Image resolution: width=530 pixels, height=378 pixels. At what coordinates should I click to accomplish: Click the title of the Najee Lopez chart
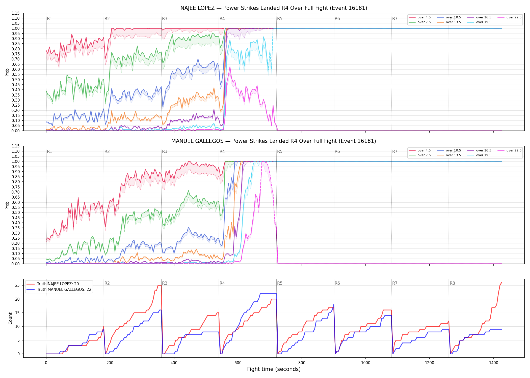pyautogui.click(x=274, y=8)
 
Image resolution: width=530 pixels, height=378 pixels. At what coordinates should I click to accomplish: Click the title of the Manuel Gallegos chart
pyautogui.click(x=274, y=141)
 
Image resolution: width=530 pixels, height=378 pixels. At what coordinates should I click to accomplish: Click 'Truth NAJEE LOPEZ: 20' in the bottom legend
pyautogui.click(x=58, y=284)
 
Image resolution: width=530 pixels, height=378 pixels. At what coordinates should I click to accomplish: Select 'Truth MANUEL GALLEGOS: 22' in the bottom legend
pyautogui.click(x=64, y=290)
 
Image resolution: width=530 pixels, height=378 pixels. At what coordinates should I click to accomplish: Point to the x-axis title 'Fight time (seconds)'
pyautogui.click(x=274, y=369)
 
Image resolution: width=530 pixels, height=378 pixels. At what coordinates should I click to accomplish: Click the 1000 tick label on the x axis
pyautogui.click(x=366, y=363)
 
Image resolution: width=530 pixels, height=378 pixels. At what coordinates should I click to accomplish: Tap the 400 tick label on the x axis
pyautogui.click(x=174, y=363)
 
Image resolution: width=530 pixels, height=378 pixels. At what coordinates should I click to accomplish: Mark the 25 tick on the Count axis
pyautogui.click(x=17, y=286)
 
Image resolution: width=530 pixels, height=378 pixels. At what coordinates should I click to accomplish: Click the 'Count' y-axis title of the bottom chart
pyautogui.click(x=10, y=318)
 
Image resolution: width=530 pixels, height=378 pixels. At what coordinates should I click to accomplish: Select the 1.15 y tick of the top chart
pyautogui.click(x=15, y=13)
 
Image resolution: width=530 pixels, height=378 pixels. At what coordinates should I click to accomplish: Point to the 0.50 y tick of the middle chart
pyautogui.click(x=15, y=212)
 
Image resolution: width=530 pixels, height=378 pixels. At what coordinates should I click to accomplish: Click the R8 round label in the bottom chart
pyautogui.click(x=452, y=283)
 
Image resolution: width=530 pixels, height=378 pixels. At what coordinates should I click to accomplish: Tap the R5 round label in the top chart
pyautogui.click(x=280, y=19)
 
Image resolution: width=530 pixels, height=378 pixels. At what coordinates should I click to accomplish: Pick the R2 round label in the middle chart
pyautogui.click(x=107, y=151)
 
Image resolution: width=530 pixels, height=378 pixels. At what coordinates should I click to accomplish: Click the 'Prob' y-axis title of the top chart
pyautogui.click(x=7, y=72)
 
